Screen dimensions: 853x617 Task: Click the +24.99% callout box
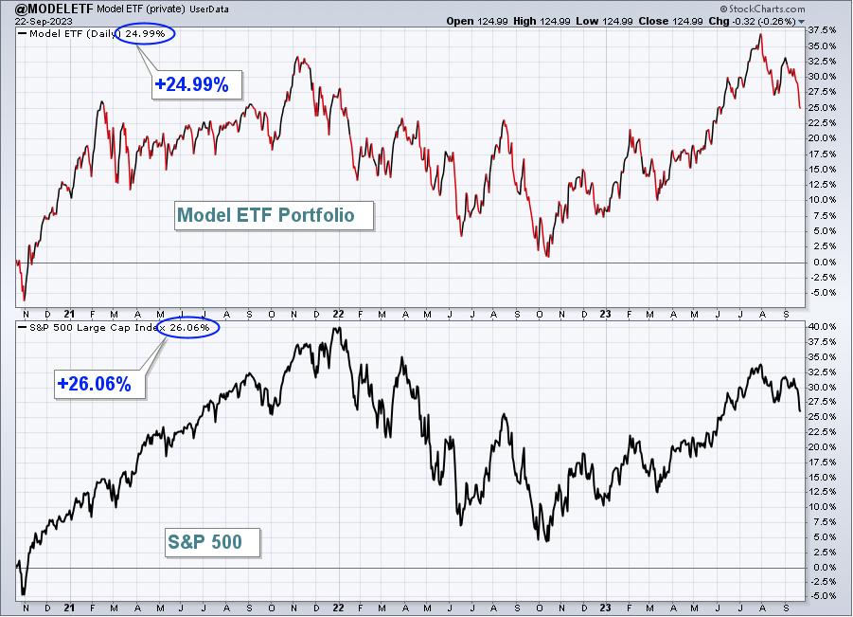click(196, 84)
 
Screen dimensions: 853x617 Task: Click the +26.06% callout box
click(99, 384)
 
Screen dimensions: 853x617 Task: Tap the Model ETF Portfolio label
click(275, 216)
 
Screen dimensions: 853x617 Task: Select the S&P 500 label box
click(213, 542)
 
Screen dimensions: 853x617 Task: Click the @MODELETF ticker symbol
click(54, 9)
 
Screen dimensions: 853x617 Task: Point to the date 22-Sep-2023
click(44, 22)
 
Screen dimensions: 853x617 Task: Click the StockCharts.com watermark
click(762, 9)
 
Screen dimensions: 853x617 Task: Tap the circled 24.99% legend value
click(145, 34)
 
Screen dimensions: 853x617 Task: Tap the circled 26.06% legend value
click(189, 327)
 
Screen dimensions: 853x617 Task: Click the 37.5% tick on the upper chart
click(822, 30)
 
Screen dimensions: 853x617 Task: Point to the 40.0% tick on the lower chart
click(822, 327)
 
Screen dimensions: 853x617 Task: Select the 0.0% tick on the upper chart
click(824, 263)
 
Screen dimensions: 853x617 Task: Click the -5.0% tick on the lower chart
click(822, 596)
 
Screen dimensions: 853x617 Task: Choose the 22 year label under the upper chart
click(338, 315)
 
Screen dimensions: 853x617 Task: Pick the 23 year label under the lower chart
click(606, 608)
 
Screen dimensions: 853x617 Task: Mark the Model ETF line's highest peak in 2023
click(761, 34)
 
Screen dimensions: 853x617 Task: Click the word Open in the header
click(460, 21)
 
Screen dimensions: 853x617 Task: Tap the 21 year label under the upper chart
click(69, 315)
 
